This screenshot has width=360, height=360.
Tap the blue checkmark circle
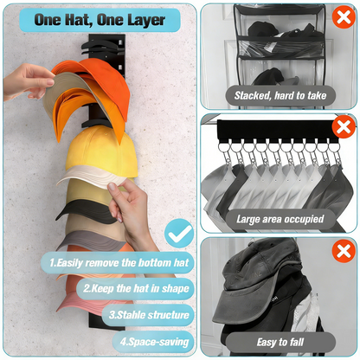click(x=178, y=233)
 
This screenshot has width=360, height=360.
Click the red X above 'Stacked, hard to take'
click(x=344, y=18)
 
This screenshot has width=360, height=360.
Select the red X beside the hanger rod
click(x=344, y=128)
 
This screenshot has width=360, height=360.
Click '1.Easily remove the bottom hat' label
click(x=118, y=260)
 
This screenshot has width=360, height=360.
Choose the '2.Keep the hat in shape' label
click(x=137, y=287)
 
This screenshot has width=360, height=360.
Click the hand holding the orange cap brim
click(x=26, y=80)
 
